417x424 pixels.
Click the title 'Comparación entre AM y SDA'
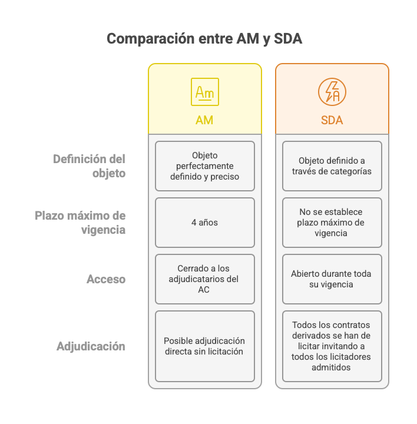coord(204,39)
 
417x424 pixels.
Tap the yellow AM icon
coord(204,92)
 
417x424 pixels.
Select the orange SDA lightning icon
coord(332,92)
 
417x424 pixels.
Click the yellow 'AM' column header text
coord(204,121)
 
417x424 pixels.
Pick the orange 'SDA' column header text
coord(332,121)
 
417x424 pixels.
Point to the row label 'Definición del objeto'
coord(90,166)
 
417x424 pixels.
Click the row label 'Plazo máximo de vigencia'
coord(81,223)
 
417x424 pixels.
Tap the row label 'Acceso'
coord(106,279)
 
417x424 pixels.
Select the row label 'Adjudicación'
coord(91,346)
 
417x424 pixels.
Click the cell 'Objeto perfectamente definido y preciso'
coord(204,166)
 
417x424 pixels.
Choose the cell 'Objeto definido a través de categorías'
coord(332,166)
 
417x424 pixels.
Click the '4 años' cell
coord(204,223)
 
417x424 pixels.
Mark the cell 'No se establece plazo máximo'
coord(332,223)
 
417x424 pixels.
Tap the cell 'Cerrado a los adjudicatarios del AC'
coord(204,279)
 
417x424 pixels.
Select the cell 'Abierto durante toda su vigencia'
coord(332,279)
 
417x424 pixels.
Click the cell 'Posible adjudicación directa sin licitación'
coord(204,346)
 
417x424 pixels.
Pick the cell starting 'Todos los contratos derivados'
coord(332,346)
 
